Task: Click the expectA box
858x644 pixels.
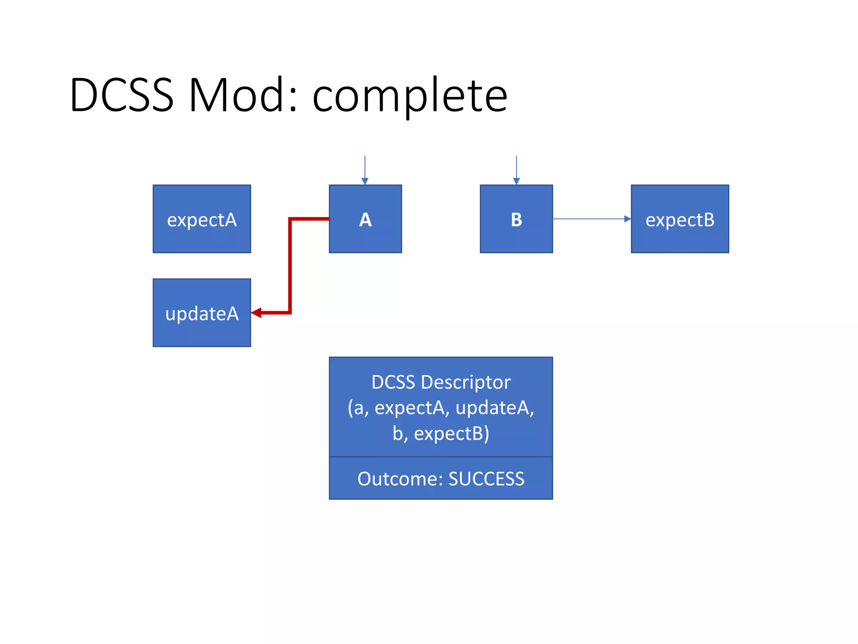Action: pos(202,219)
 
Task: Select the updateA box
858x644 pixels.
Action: pos(202,313)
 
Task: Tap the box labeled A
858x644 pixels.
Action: pos(365,219)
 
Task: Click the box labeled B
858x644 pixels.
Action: pos(516,219)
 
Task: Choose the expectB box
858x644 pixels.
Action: pos(680,219)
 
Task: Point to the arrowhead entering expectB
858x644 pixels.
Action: pos(627,219)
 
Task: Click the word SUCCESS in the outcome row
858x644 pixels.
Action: pos(486,479)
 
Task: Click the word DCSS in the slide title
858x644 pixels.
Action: pos(121,96)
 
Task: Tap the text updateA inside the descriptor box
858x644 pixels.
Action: pos(494,408)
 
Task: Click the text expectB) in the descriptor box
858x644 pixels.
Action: pos(452,434)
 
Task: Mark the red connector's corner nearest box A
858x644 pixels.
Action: pos(290,219)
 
